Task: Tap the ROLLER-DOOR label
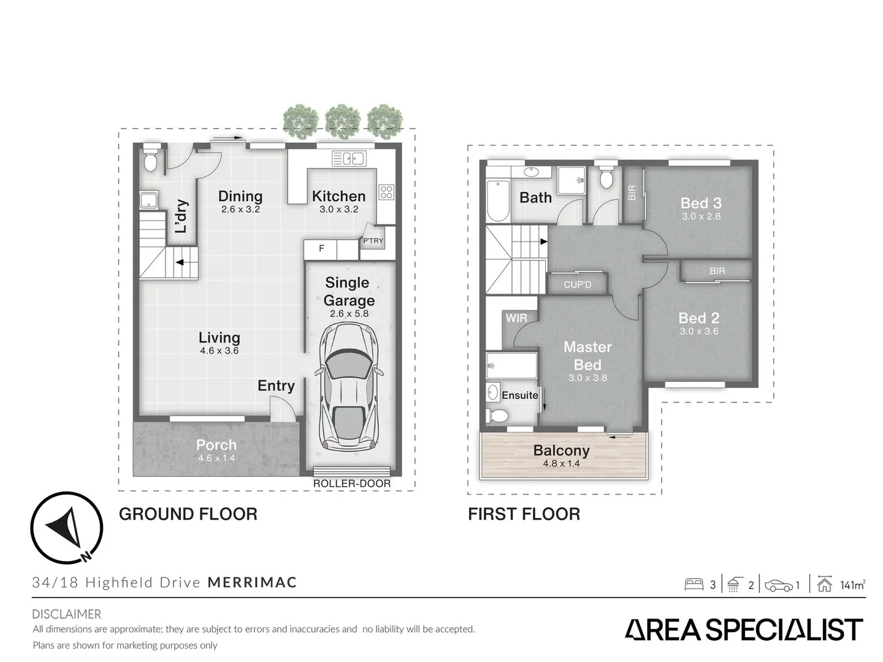(x=351, y=484)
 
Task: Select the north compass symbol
(x=66, y=528)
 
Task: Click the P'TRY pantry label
(x=373, y=241)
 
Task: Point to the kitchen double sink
(x=348, y=158)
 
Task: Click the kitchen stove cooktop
(x=386, y=192)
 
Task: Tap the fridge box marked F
(x=322, y=249)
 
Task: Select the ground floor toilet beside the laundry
(x=150, y=161)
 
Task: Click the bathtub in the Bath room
(x=497, y=200)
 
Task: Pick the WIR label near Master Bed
(x=516, y=318)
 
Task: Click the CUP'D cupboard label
(x=577, y=284)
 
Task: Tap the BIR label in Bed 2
(x=717, y=271)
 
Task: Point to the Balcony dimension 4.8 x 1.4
(x=561, y=463)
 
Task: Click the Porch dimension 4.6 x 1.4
(x=216, y=458)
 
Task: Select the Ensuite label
(x=520, y=395)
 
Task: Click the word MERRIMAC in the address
(x=252, y=582)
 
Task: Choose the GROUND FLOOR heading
(x=188, y=514)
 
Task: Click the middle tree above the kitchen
(x=342, y=121)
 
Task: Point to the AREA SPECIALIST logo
(x=744, y=630)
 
